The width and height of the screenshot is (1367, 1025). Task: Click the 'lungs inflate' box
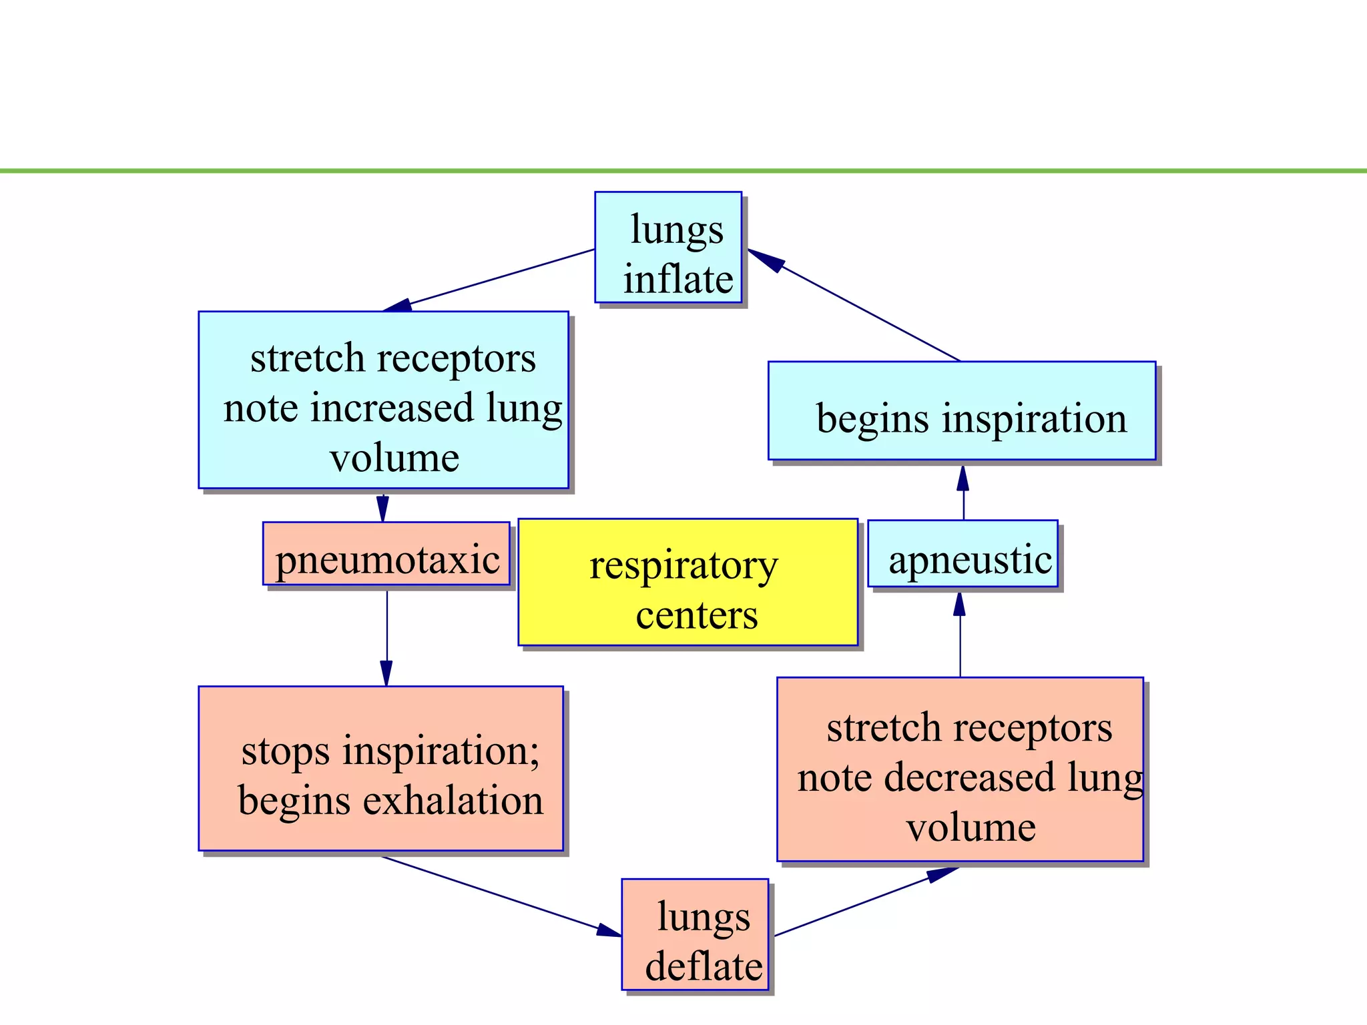(x=668, y=248)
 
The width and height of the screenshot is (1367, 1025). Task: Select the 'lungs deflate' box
(x=695, y=934)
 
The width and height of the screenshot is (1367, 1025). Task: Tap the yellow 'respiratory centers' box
(x=688, y=582)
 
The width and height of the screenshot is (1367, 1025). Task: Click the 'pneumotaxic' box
(x=386, y=554)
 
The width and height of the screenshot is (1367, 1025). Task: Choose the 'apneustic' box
(x=963, y=554)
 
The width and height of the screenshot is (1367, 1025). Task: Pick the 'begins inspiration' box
(x=961, y=411)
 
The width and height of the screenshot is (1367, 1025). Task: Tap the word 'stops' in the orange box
(x=285, y=751)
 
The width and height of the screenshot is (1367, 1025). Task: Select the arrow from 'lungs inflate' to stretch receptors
(x=501, y=277)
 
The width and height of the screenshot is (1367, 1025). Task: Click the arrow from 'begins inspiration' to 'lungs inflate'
(x=861, y=308)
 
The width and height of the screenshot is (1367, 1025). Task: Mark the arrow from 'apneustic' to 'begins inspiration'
(x=963, y=494)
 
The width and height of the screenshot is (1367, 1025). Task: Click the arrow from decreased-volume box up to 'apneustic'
(x=960, y=634)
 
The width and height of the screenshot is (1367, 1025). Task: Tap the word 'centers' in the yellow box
(x=696, y=615)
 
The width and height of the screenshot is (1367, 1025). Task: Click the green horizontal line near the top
(x=683, y=172)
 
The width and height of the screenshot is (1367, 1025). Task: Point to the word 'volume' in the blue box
(x=394, y=458)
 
